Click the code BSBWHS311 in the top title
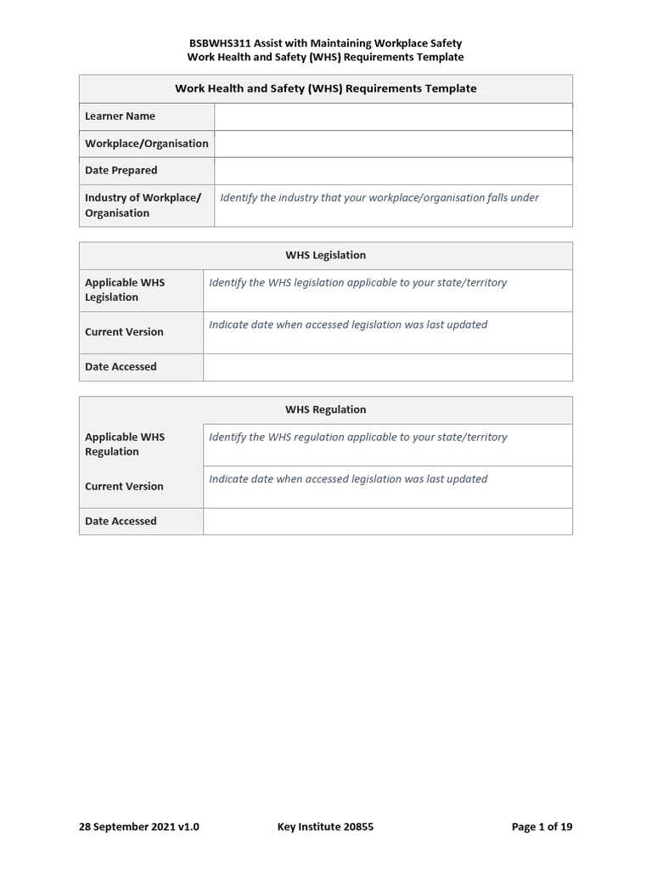pyautogui.click(x=216, y=42)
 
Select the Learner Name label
pyautogui.click(x=120, y=116)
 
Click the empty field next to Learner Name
pyautogui.click(x=393, y=116)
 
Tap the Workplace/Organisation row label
pyautogui.click(x=146, y=144)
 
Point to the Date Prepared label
pyautogui.click(x=121, y=171)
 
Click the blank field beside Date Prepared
pyautogui.click(x=393, y=171)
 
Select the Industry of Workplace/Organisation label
pyautogui.click(x=143, y=206)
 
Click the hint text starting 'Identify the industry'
pyautogui.click(x=379, y=198)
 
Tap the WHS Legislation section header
pyautogui.click(x=325, y=255)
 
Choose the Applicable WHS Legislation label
pyautogui.click(x=125, y=290)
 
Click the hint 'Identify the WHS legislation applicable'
pyautogui.click(x=357, y=282)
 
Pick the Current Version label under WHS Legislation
pyautogui.click(x=124, y=332)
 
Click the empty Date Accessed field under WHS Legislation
pyautogui.click(x=387, y=367)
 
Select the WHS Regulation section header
pyautogui.click(x=325, y=410)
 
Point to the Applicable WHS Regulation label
pyautogui.click(x=125, y=444)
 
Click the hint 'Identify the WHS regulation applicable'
pyautogui.click(x=357, y=437)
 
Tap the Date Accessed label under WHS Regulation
pyautogui.click(x=121, y=522)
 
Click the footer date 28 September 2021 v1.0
pyautogui.click(x=139, y=827)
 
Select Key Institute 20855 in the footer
pyautogui.click(x=325, y=827)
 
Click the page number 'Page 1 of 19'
pyautogui.click(x=542, y=827)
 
